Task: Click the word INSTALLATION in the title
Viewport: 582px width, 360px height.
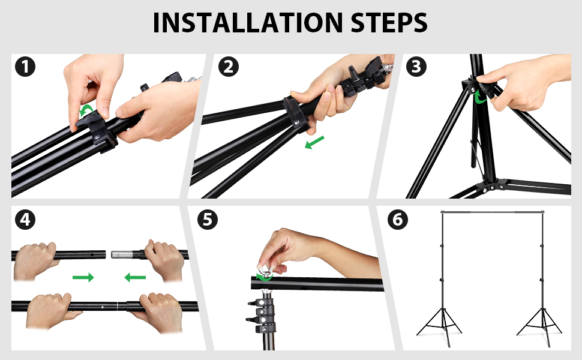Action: coord(248,23)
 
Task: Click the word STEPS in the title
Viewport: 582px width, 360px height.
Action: coord(389,23)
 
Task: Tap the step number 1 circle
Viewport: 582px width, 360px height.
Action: coord(25,67)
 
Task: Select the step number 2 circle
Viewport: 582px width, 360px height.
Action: coord(228,67)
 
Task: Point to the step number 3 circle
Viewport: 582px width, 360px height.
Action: coord(416,67)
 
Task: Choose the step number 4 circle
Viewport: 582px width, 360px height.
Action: coord(25,220)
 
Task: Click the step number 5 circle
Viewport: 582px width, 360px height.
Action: coord(208,220)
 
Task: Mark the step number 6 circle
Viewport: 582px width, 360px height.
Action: coord(398,220)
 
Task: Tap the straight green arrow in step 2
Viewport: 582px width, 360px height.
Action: coord(315,143)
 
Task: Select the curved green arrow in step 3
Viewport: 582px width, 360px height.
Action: coord(479,97)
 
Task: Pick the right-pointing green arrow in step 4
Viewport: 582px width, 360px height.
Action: coord(83,277)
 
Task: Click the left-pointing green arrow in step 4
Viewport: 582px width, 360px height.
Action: coord(135,277)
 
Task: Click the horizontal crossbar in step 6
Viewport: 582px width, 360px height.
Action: coord(492,212)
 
